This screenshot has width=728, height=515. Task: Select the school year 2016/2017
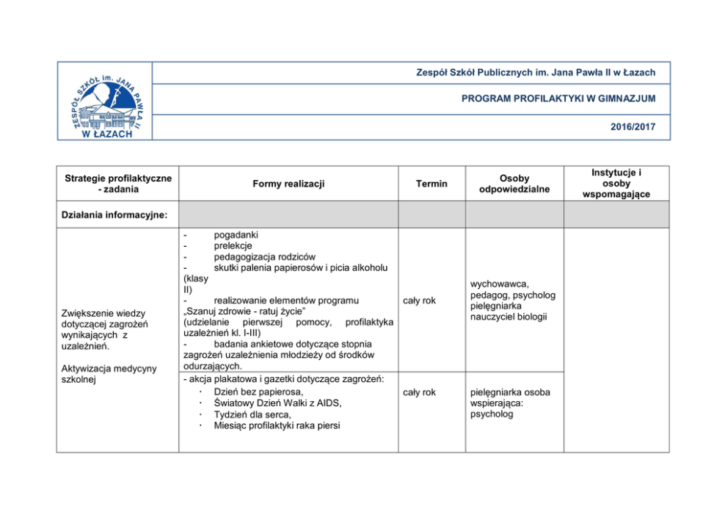point(633,127)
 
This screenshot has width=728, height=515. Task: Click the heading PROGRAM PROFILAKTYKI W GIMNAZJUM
point(558,98)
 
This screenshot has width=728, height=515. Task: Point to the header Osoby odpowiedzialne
point(514,184)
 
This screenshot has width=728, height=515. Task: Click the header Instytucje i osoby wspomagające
point(616,183)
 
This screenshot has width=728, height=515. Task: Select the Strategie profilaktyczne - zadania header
point(118,184)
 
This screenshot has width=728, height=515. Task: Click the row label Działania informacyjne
point(114,215)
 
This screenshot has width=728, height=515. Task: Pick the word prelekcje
point(233,245)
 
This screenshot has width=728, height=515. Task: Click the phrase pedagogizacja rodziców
point(264,256)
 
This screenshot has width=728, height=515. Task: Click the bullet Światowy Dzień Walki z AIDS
point(277,403)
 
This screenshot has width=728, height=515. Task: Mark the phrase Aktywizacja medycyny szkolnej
point(109,374)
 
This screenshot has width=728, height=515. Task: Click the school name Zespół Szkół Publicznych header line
point(535,72)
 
